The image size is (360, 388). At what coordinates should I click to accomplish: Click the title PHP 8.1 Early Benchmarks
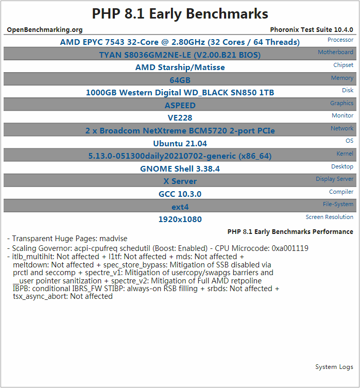click(x=180, y=14)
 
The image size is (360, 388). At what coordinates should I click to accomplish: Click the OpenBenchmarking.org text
click(x=45, y=30)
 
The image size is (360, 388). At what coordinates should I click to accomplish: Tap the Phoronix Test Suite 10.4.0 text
click(x=311, y=30)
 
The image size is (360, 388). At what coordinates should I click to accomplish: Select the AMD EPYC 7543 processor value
click(x=180, y=42)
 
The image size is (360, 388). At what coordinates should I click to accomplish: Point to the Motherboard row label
click(x=335, y=53)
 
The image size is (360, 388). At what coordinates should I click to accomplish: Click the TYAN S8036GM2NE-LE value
click(x=180, y=55)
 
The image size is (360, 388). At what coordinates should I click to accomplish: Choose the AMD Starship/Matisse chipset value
click(x=180, y=68)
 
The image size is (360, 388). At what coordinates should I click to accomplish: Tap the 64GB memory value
click(x=180, y=80)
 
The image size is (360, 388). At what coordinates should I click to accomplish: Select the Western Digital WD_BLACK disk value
click(x=180, y=93)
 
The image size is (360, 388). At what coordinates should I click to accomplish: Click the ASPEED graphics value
click(x=180, y=105)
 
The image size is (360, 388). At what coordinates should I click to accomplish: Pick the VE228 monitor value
click(x=180, y=118)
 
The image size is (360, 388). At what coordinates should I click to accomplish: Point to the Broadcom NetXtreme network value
click(x=180, y=131)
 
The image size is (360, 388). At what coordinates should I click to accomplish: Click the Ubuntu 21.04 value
click(x=180, y=143)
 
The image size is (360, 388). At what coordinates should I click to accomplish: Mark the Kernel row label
click(x=345, y=154)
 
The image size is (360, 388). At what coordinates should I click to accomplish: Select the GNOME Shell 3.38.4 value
click(x=180, y=168)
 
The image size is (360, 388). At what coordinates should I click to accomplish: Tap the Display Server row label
click(x=334, y=179)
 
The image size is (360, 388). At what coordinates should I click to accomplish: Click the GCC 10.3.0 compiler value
click(x=180, y=194)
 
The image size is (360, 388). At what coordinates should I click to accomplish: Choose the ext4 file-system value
click(x=180, y=207)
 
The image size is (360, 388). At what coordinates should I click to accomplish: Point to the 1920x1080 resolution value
click(x=180, y=219)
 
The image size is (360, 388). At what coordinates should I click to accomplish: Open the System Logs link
click(x=334, y=367)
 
